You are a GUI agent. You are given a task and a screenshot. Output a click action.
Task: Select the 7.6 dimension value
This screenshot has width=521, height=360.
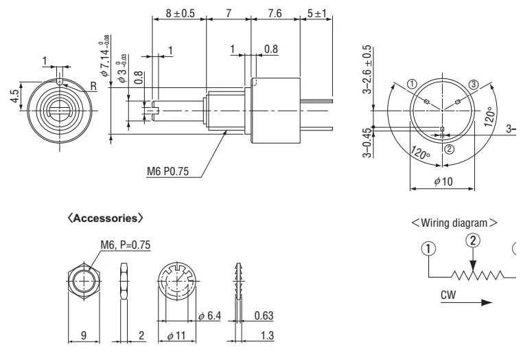[x=275, y=13]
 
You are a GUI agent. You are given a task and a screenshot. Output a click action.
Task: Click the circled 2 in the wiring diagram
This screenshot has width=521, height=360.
[x=472, y=240]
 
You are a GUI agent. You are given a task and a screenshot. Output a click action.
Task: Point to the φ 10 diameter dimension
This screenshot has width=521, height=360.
[x=442, y=181]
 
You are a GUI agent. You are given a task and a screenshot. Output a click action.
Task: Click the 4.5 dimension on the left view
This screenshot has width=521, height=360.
[x=14, y=96]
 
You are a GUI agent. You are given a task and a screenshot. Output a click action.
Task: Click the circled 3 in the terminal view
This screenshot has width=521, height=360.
[x=472, y=84]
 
